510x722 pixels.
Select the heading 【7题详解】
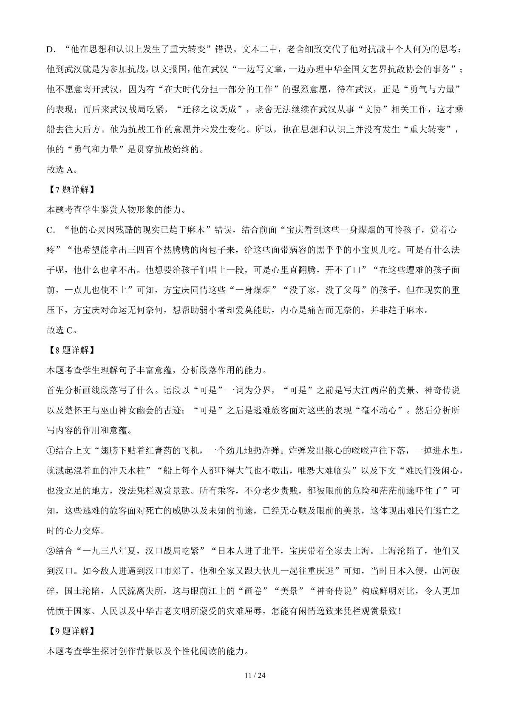69,189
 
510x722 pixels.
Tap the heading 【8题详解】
69,350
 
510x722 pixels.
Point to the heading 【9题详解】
69,631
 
